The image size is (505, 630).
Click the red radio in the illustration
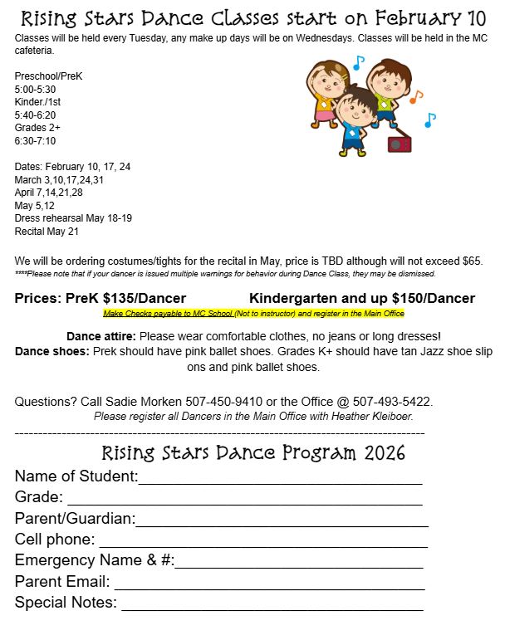pyautogui.click(x=400, y=144)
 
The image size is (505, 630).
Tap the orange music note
pyautogui.click(x=415, y=96)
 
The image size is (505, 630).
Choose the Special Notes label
pyautogui.click(x=66, y=603)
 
